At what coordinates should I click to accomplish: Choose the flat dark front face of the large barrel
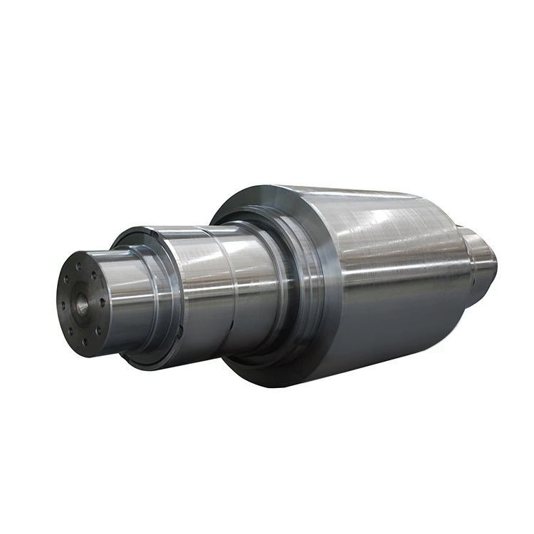[313, 285]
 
